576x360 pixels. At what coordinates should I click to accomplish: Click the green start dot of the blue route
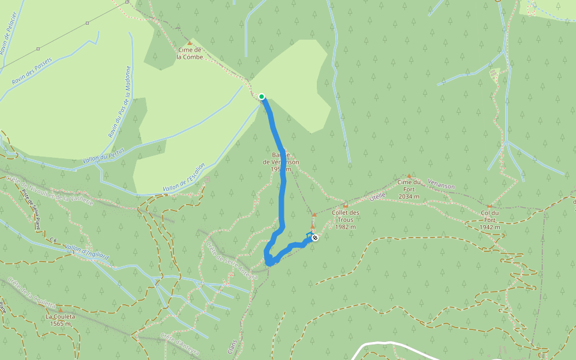click(x=262, y=96)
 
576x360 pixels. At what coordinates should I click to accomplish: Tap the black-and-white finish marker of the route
click(x=315, y=238)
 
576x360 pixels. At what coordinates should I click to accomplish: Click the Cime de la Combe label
click(x=190, y=53)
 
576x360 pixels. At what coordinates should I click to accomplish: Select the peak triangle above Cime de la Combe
click(x=190, y=43)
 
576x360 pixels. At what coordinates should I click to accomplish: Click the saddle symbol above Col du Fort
click(x=490, y=206)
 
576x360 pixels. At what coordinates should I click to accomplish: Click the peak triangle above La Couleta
click(x=59, y=310)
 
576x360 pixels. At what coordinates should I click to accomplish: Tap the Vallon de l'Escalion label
click(x=184, y=178)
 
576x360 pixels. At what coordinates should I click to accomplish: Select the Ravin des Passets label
click(x=32, y=71)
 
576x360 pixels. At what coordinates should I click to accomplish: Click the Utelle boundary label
click(x=377, y=196)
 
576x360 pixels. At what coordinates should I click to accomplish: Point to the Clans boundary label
click(x=232, y=346)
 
